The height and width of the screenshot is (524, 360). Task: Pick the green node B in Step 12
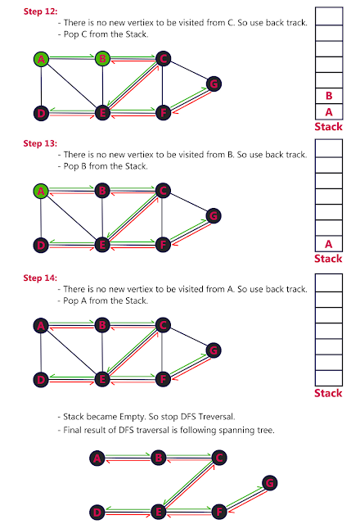[x=102, y=59]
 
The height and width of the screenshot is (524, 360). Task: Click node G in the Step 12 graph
[x=213, y=84]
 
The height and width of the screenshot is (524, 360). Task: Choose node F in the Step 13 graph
[x=163, y=244]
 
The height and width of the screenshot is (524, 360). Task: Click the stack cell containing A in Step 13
[x=328, y=243]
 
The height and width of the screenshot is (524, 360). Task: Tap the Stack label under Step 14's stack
[x=328, y=394]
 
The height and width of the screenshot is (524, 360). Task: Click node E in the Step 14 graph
[x=102, y=379]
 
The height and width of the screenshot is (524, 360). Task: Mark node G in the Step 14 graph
[x=213, y=350]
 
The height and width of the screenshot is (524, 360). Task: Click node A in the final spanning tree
[x=97, y=458]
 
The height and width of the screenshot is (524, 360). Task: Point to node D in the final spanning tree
[x=97, y=512]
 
